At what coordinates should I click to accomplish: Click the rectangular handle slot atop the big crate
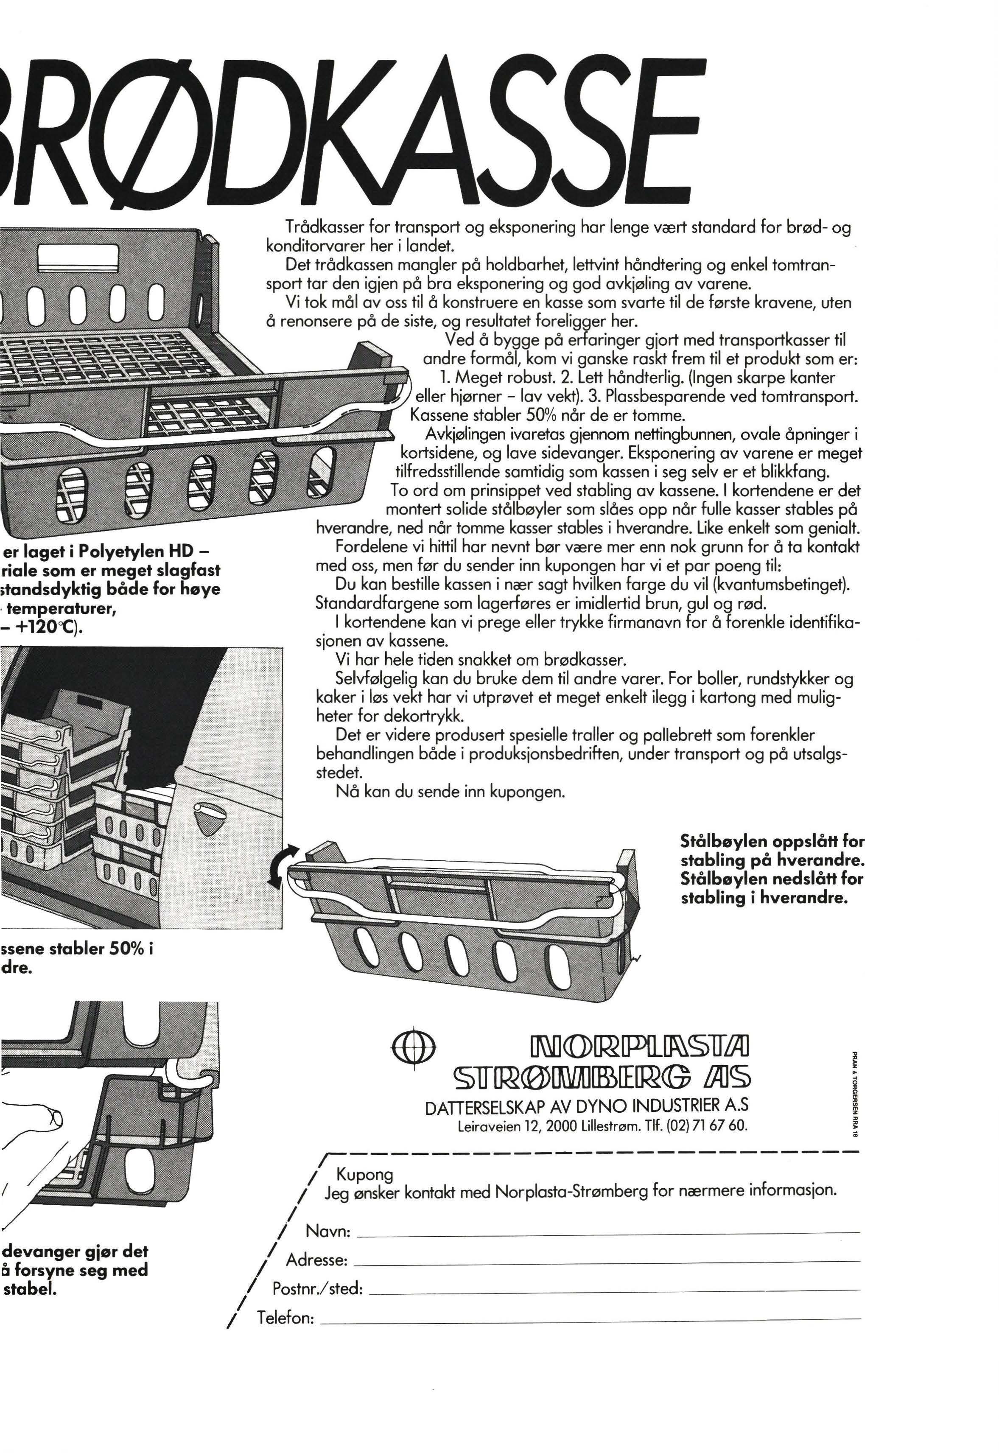pos(78,255)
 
